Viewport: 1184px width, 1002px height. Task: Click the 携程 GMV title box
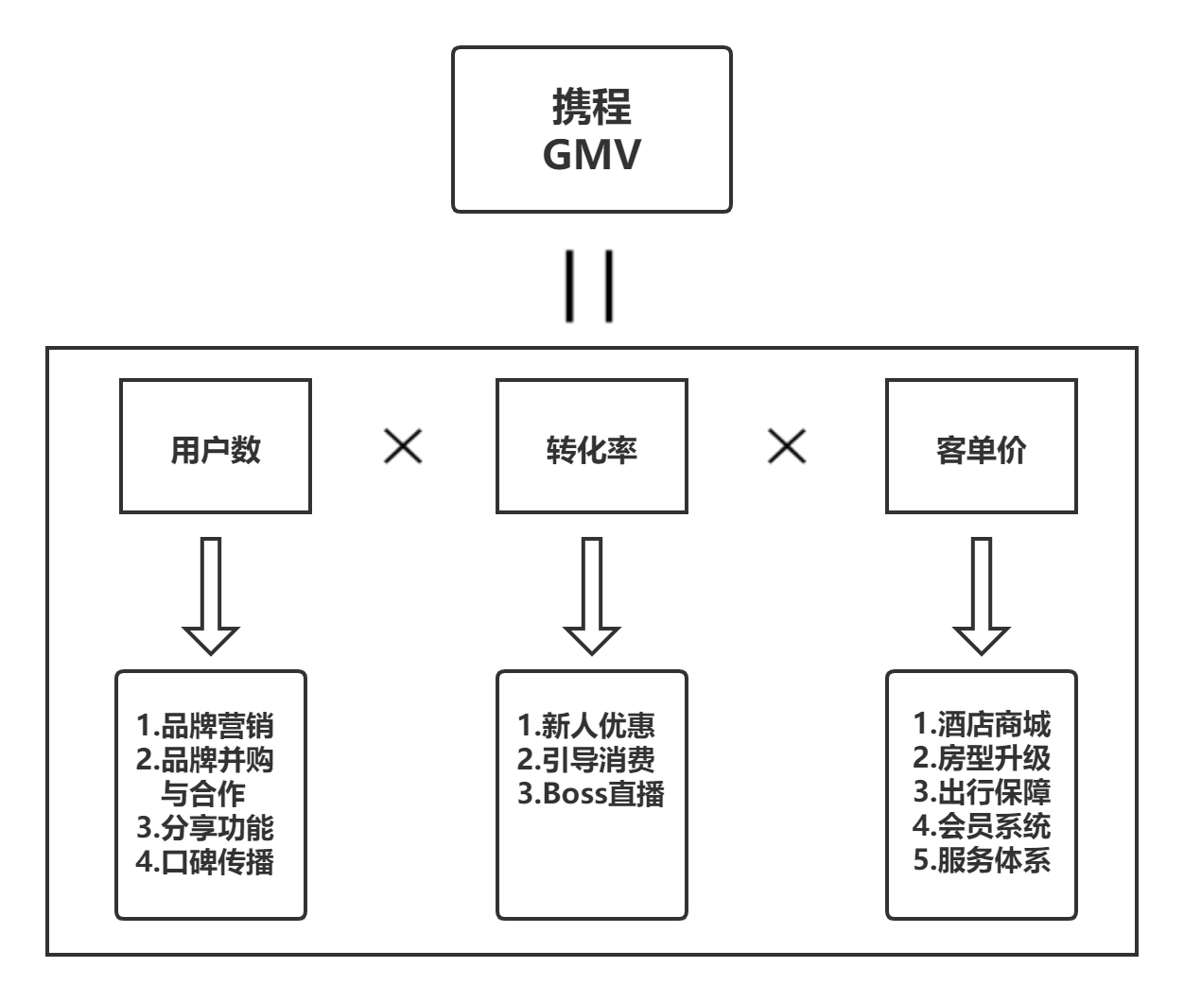pyautogui.click(x=591, y=130)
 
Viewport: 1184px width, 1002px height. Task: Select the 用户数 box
pyautogui.click(x=216, y=446)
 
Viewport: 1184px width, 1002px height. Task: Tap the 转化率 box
pyautogui.click(x=591, y=446)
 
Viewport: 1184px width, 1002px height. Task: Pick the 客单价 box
pyautogui.click(x=981, y=446)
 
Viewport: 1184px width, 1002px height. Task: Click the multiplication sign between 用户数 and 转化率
pyautogui.click(x=403, y=446)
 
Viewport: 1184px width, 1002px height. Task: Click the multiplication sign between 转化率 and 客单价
pyautogui.click(x=787, y=446)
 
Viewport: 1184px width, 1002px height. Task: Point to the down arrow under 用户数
pyautogui.click(x=211, y=596)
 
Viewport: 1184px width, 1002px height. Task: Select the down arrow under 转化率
pyautogui.click(x=591, y=596)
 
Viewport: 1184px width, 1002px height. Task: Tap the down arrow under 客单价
pyautogui.click(x=981, y=596)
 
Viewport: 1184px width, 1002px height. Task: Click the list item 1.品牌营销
pyautogui.click(x=205, y=727)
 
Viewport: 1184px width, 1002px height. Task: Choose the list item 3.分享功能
pyautogui.click(x=205, y=828)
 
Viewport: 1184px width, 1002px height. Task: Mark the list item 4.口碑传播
pyautogui.click(x=205, y=862)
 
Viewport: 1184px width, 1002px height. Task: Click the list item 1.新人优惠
pyautogui.click(x=586, y=726)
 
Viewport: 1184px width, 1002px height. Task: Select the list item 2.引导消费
pyautogui.click(x=586, y=759)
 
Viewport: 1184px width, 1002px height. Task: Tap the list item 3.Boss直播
pyautogui.click(x=591, y=793)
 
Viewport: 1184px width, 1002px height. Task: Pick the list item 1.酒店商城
pyautogui.click(x=982, y=725)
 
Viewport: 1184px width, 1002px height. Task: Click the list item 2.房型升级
pyautogui.click(x=982, y=758)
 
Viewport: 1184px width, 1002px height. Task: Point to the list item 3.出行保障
pyautogui.click(x=982, y=792)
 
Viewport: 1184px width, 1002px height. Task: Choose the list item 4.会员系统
pyautogui.click(x=982, y=826)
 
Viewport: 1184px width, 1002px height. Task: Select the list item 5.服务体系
pyautogui.click(x=982, y=860)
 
